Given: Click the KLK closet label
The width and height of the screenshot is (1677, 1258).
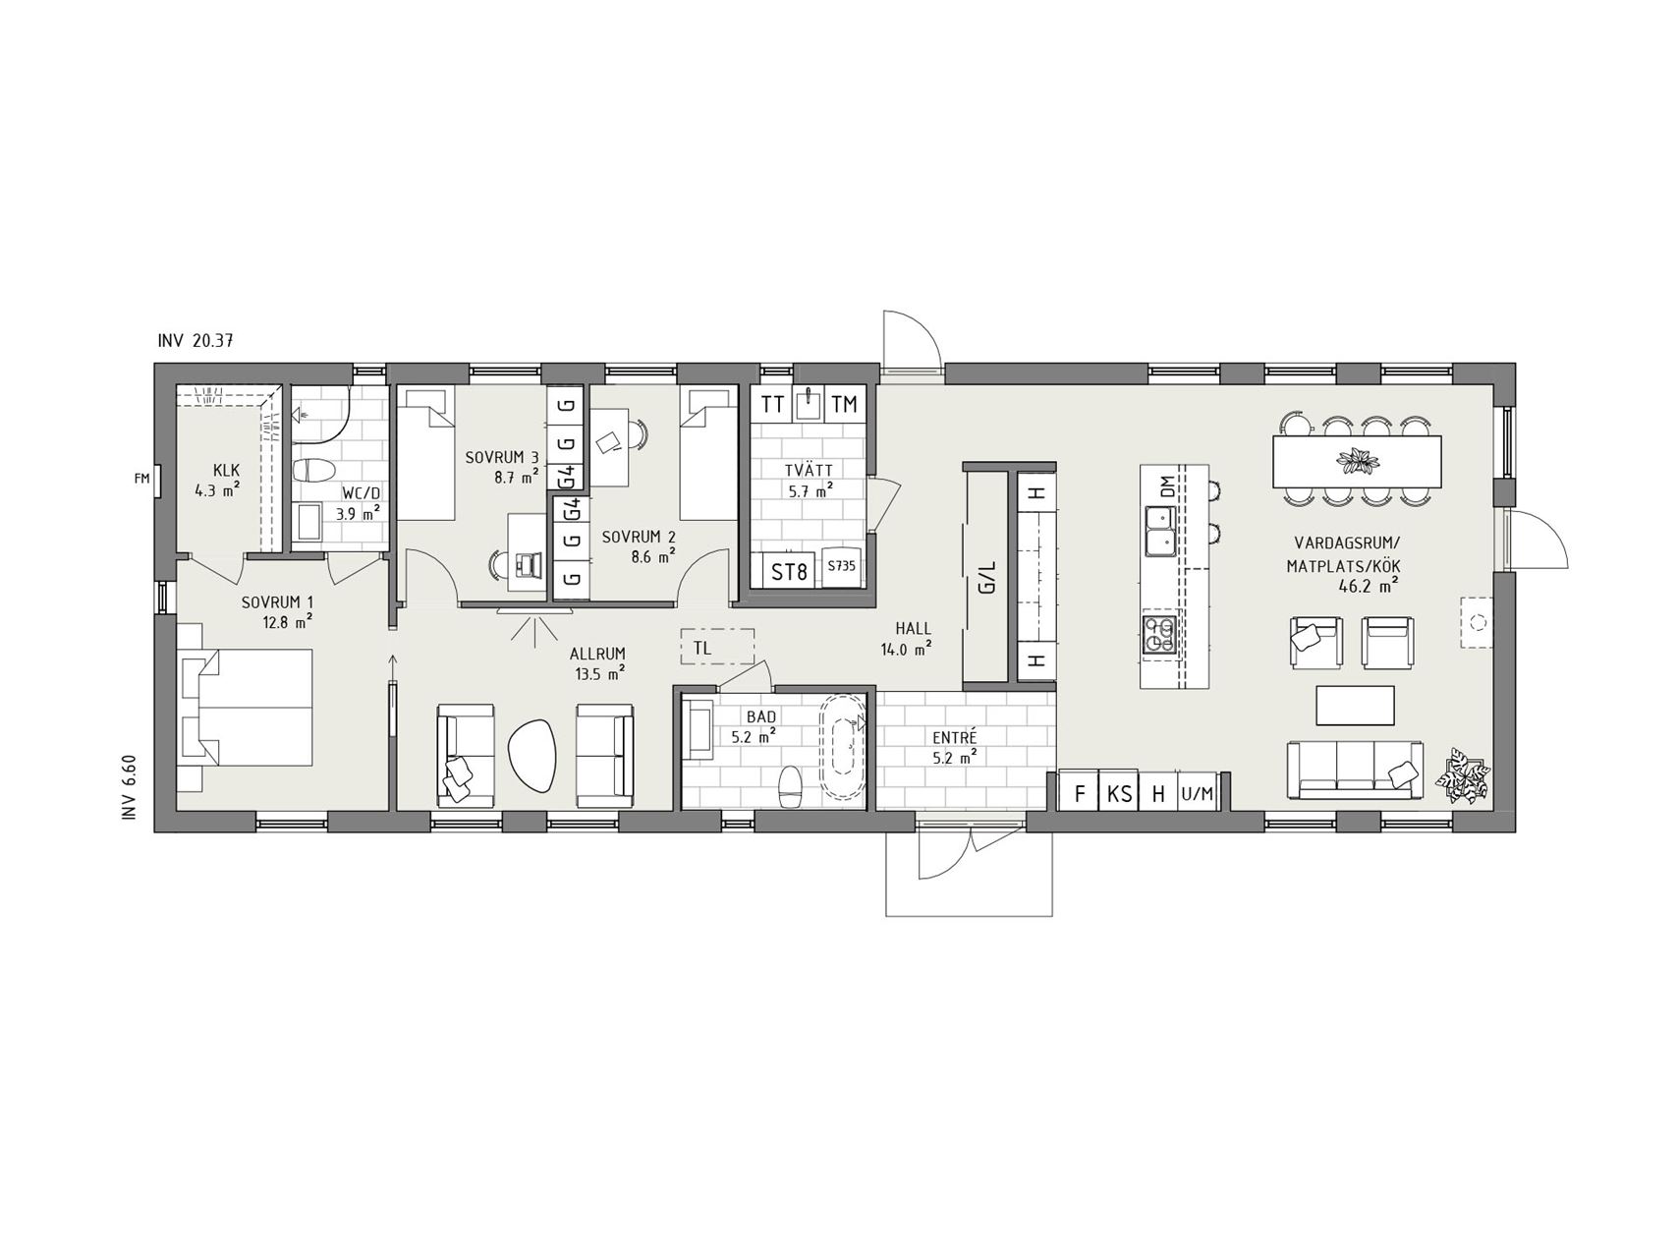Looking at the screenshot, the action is coord(227,471).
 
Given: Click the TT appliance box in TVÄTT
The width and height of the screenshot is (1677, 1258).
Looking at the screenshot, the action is coord(773,404).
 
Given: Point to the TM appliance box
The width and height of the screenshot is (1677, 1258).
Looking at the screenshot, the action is coord(844,404).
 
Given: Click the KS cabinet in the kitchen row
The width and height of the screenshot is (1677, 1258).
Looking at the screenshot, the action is coord(1119,792).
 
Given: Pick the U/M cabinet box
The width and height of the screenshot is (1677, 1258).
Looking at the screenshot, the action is coord(1198,792).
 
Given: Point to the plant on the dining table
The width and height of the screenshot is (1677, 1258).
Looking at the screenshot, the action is coord(1358,459).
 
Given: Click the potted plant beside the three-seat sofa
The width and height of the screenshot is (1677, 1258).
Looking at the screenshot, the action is coord(1465,776).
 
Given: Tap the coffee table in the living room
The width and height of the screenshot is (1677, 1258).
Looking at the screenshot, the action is coord(1355,707).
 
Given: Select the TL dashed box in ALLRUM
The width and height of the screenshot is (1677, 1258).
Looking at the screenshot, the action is coord(717,648).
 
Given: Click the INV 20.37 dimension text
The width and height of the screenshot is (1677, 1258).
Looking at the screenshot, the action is coord(195,341).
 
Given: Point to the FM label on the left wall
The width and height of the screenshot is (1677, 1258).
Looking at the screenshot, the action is coord(141,479).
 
